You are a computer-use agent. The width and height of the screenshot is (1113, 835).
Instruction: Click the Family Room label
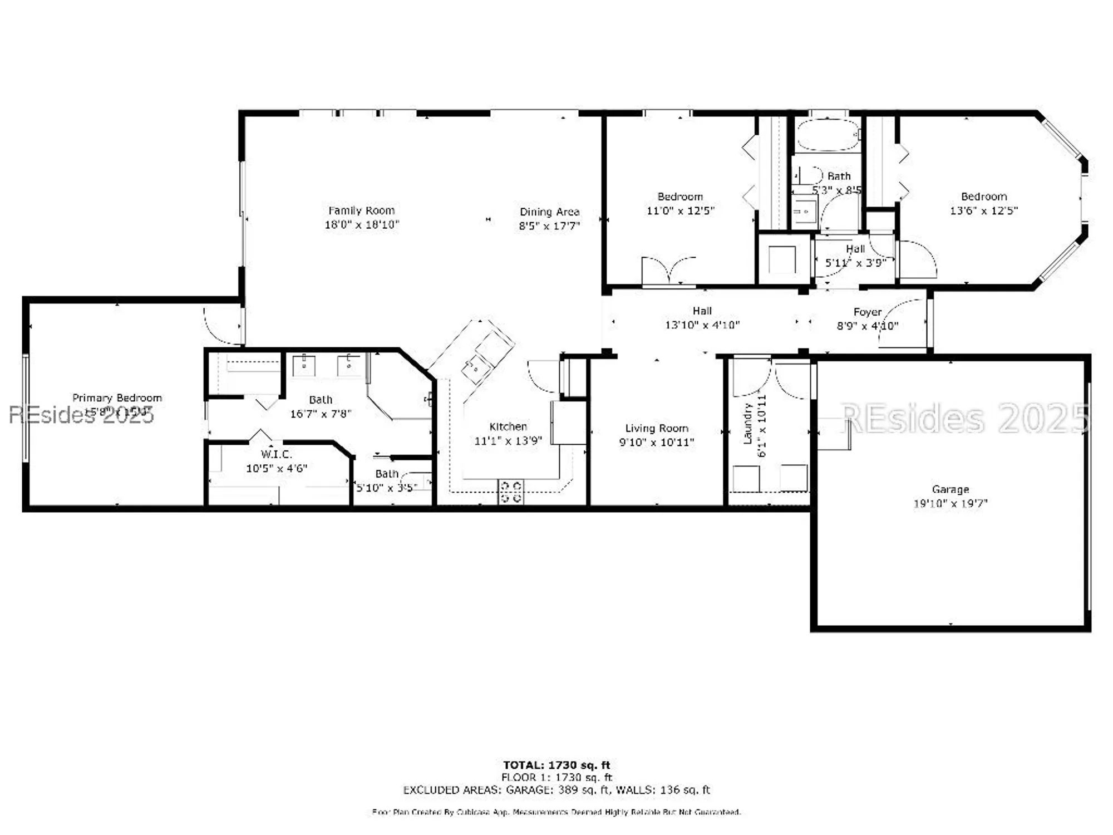point(361,210)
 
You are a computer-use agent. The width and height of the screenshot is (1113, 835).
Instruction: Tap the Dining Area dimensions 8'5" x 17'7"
point(549,225)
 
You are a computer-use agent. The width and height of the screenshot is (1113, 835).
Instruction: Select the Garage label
point(950,489)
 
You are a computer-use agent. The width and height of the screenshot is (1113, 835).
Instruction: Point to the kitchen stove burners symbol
point(510,492)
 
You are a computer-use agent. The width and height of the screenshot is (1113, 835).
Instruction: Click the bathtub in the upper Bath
point(828,135)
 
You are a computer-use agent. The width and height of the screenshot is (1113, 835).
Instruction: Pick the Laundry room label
point(747,424)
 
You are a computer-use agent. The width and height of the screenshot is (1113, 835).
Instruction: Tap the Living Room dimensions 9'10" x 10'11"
point(656,442)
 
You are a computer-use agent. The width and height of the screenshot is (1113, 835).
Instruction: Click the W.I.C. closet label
point(276,454)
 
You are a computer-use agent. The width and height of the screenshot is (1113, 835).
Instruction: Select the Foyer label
point(867,312)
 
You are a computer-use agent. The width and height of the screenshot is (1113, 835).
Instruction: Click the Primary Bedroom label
point(117,397)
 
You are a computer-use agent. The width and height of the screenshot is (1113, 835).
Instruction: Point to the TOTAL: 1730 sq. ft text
point(556,765)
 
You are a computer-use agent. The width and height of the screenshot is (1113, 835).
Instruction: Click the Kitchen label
point(508,426)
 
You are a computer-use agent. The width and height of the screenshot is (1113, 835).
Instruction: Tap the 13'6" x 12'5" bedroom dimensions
point(983,210)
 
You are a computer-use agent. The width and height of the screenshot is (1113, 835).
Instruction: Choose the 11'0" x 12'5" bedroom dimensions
point(680,210)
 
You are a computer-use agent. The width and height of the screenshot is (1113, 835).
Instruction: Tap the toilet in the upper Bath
point(810,176)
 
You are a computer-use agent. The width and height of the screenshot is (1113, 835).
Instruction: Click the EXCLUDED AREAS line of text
point(556,789)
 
